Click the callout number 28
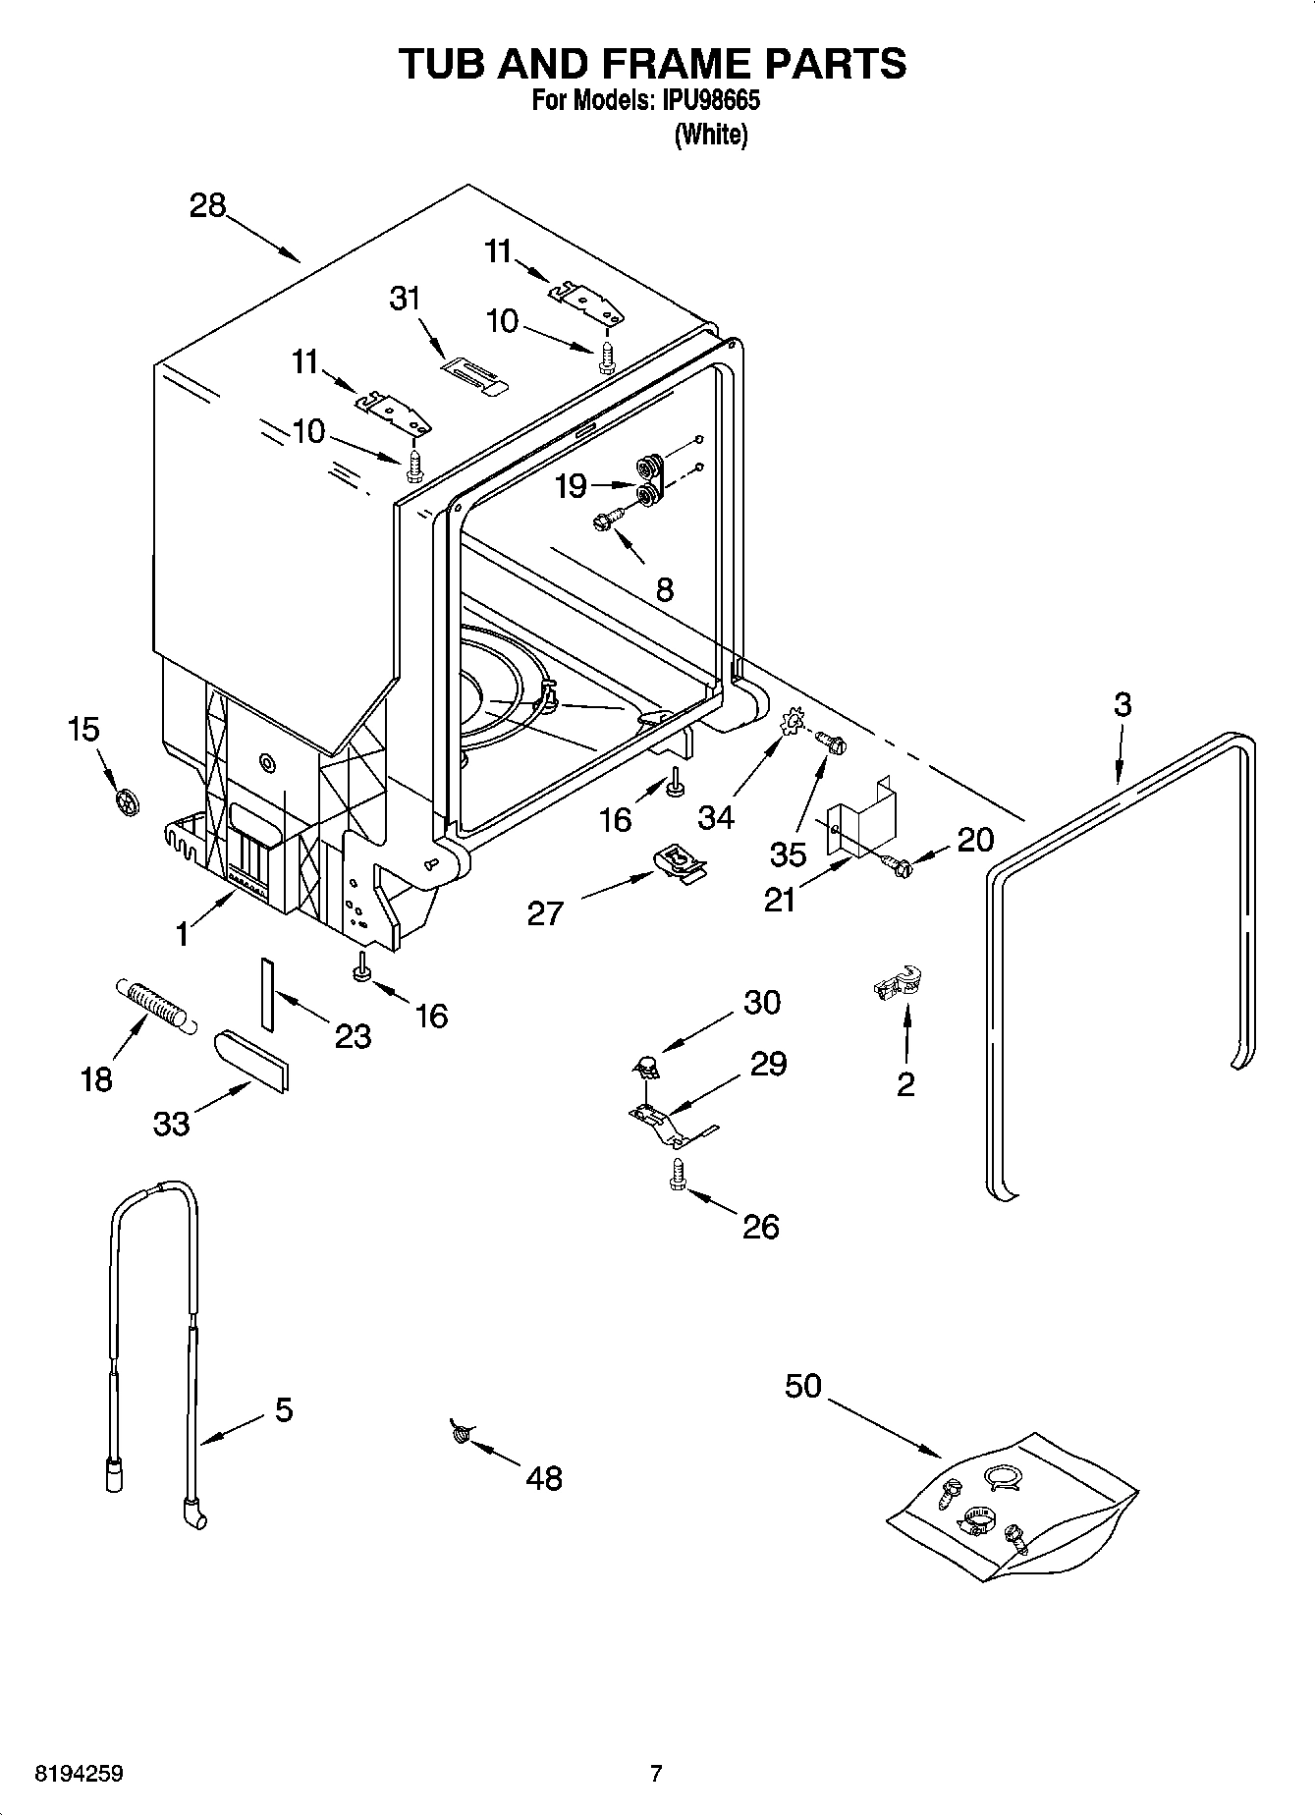point(208,206)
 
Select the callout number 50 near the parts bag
point(802,1387)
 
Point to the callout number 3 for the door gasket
point(1123,704)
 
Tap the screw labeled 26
point(676,1174)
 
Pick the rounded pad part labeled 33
point(252,1060)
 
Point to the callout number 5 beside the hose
point(283,1410)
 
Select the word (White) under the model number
point(710,135)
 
